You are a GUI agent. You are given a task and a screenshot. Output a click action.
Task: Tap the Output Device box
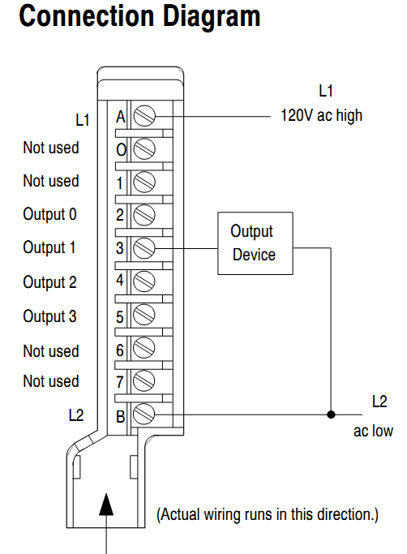tap(253, 243)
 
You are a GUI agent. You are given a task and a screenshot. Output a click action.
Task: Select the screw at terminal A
tap(144, 116)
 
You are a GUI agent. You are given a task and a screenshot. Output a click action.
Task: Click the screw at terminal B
tap(144, 414)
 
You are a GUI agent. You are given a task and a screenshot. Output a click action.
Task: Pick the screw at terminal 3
tap(144, 247)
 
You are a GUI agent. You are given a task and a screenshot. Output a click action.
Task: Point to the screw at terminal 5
tap(144, 316)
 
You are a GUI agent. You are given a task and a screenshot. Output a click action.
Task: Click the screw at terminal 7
tap(144, 381)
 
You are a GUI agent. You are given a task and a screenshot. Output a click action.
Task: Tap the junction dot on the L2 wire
tap(330, 414)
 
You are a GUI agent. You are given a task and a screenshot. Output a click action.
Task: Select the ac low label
tap(373, 431)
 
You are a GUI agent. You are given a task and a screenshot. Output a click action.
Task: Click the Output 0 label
tap(49, 215)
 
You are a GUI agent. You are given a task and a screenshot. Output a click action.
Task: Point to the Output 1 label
tap(49, 248)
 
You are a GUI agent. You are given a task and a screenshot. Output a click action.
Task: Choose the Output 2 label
tap(49, 282)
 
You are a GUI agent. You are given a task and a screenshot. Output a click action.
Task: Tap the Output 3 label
tap(49, 316)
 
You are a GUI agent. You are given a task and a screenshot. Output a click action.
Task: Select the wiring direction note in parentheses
tap(267, 515)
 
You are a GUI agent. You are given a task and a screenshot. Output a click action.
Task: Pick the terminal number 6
tap(120, 350)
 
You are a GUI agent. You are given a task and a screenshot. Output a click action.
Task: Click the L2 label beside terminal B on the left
tap(75, 414)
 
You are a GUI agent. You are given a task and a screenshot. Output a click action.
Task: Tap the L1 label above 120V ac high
tap(326, 91)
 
